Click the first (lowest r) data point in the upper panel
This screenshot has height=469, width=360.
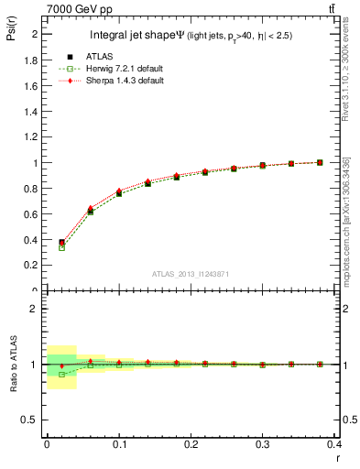(61, 243)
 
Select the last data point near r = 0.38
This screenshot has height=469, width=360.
(320, 162)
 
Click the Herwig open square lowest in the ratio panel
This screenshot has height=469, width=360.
(61, 374)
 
